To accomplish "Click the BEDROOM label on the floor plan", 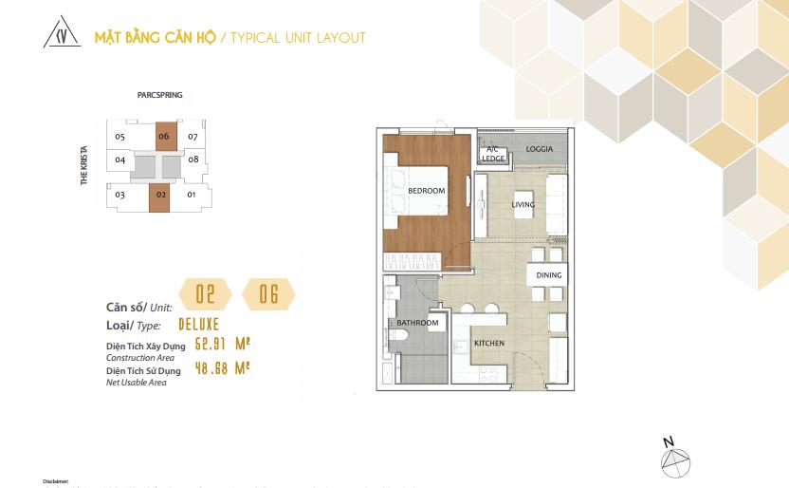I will coord(426,191).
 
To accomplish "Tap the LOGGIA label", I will coord(540,149).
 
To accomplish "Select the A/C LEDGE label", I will coord(493,154).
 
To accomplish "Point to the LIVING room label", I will coord(523,204).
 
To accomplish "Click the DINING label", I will coord(549,275).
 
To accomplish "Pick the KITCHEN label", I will coord(489,343).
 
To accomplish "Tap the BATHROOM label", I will coord(417,323).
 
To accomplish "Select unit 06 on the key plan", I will coord(165,137).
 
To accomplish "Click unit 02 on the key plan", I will coord(161,196).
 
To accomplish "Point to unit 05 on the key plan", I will coord(119,137).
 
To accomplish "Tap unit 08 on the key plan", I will coord(193,160).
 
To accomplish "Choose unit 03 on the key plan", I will coord(120,196).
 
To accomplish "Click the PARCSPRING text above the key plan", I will coord(159,96).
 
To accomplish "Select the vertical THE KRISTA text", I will coord(84,166).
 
